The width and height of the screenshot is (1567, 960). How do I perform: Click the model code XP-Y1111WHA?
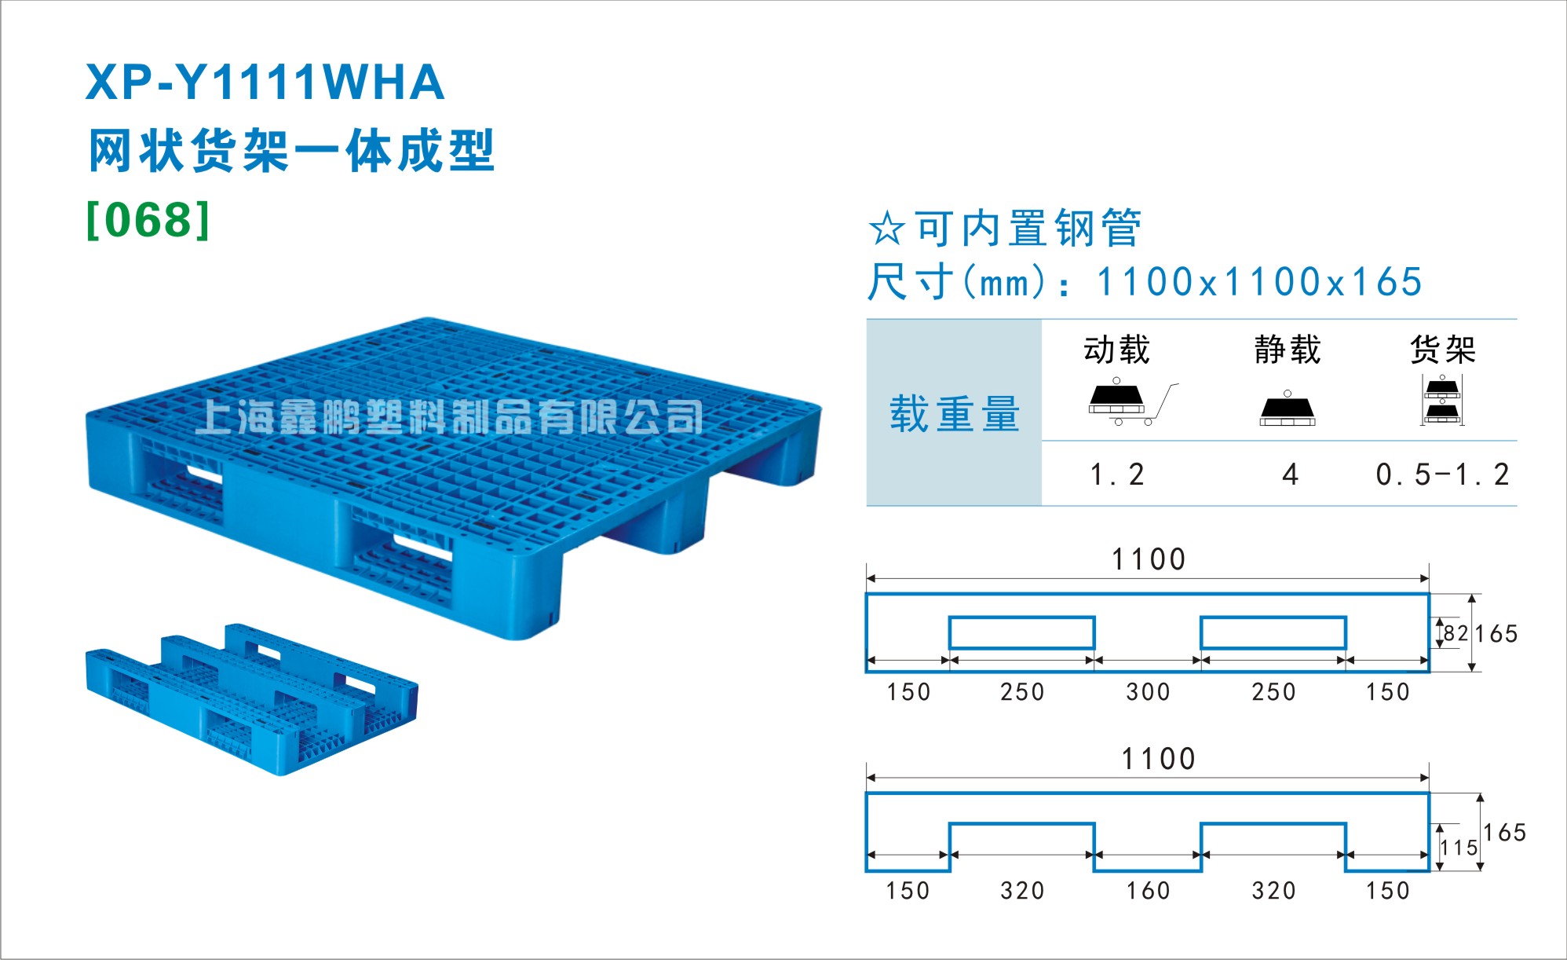265,82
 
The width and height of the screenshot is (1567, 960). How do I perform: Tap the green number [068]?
148,220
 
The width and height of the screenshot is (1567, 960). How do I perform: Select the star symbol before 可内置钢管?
887,229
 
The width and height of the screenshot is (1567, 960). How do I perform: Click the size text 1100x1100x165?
1259,282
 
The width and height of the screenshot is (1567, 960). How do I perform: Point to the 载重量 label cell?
954,413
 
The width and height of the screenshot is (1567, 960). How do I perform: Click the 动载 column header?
1116,350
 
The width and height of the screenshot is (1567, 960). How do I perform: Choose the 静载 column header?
1288,350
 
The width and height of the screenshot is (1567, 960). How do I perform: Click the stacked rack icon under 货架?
1442,400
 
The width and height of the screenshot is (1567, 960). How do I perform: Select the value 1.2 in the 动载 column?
1117,475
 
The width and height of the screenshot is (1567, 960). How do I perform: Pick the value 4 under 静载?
1290,475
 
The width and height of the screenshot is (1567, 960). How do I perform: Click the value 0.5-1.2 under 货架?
1442,475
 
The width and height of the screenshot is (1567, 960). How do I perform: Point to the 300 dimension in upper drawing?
1148,692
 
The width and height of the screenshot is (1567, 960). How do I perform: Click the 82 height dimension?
1456,633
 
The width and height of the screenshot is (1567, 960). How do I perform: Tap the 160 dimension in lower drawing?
1148,891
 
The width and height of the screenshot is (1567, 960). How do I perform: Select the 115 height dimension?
1459,848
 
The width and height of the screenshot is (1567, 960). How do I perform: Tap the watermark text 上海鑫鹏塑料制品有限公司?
449,417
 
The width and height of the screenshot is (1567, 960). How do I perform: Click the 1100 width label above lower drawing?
1158,759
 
